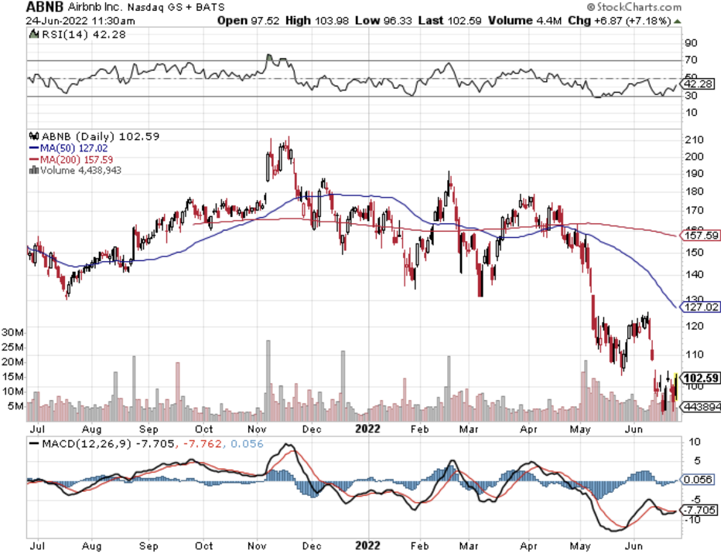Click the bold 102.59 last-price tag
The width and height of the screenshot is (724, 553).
click(702, 378)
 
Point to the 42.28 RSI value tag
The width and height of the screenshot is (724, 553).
click(699, 83)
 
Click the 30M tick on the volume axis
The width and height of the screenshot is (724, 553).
click(14, 331)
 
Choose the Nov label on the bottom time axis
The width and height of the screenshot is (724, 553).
click(258, 545)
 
